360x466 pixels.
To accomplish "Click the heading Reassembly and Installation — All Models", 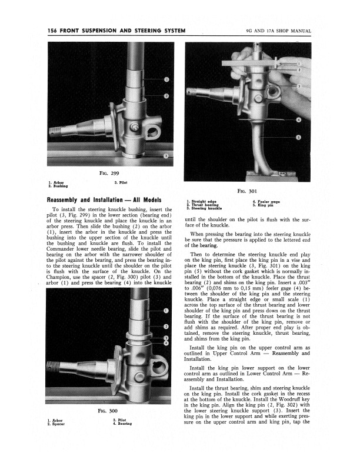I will pyautogui.click(x=104, y=200).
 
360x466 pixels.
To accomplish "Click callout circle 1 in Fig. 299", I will pyautogui.click(x=166, y=79).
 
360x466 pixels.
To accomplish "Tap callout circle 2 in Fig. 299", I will pyautogui.click(x=166, y=96).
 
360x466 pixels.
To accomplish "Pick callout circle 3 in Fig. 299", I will pyautogui.click(x=166, y=156).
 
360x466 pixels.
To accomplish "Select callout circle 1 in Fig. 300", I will pyautogui.click(x=166, y=311).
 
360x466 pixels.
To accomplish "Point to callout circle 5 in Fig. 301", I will pyautogui.click(x=298, y=138).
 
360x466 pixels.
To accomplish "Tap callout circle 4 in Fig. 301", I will pyautogui.click(x=298, y=119).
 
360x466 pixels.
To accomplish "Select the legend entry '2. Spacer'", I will pyautogui.click(x=57, y=423).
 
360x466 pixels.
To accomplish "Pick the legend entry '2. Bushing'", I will pyautogui.click(x=58, y=186).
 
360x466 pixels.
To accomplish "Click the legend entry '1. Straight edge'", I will pyautogui.click(x=201, y=201).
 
